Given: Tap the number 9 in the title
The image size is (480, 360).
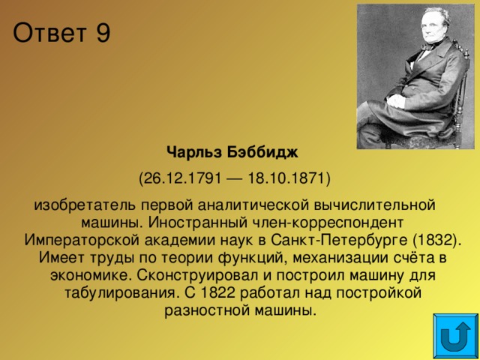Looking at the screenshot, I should [x=102, y=34].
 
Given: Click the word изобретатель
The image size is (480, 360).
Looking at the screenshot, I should [x=78, y=205].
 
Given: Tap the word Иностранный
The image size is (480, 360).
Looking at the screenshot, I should [x=196, y=222].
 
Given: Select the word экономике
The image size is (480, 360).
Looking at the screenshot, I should [x=82, y=274].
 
